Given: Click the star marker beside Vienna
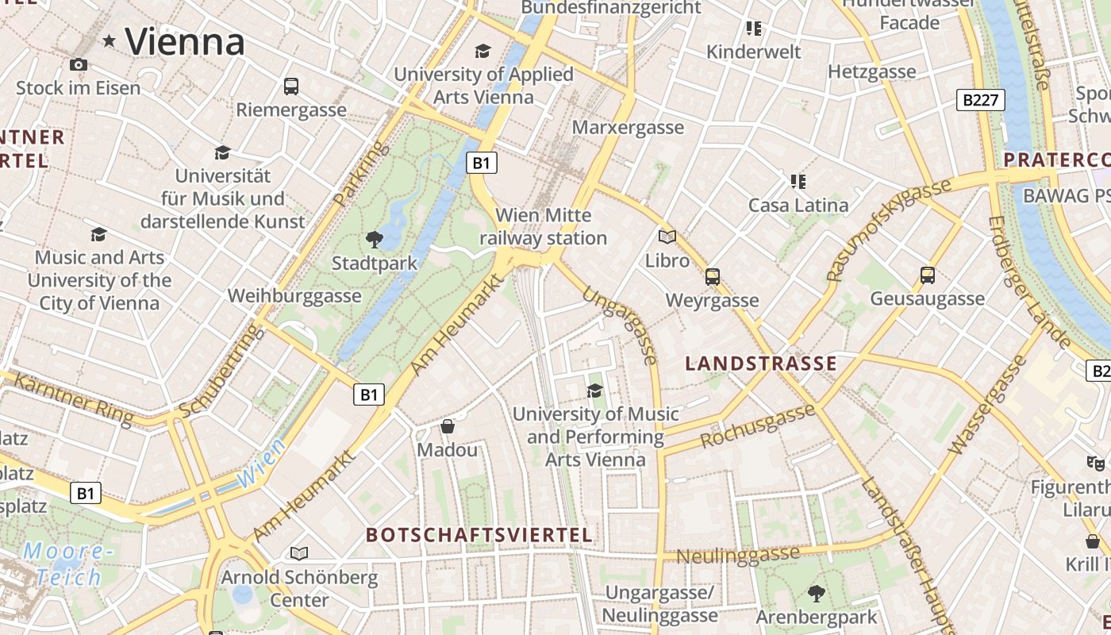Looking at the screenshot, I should pyautogui.click(x=110, y=40).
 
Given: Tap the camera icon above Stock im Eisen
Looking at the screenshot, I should pyautogui.click(x=78, y=64).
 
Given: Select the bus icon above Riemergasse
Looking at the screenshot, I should pyautogui.click(x=291, y=86).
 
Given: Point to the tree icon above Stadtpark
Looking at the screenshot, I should pyautogui.click(x=374, y=239).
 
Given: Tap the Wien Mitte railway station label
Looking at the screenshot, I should pyautogui.click(x=543, y=226).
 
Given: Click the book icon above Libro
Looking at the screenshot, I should pyautogui.click(x=667, y=237).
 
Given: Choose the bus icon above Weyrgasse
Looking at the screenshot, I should pyautogui.click(x=713, y=276).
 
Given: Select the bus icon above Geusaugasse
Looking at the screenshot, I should pyautogui.click(x=927, y=275).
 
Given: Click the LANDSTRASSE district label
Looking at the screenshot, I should pyautogui.click(x=760, y=364).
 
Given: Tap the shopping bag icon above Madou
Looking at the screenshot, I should pyautogui.click(x=448, y=426).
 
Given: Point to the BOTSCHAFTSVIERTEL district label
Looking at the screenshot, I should pyautogui.click(x=479, y=535).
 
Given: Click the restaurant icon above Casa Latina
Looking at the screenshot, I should pyautogui.click(x=798, y=181).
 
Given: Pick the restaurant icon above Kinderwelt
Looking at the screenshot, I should pyautogui.click(x=754, y=29).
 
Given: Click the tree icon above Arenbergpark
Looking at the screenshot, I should pyautogui.click(x=816, y=593).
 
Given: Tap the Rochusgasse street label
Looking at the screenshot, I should pyautogui.click(x=758, y=426).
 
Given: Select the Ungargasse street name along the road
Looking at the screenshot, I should pyautogui.click(x=620, y=325).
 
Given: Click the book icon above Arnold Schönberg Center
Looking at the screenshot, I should pyautogui.click(x=299, y=553).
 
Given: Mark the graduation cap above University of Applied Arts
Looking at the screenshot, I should pyautogui.click(x=482, y=52).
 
